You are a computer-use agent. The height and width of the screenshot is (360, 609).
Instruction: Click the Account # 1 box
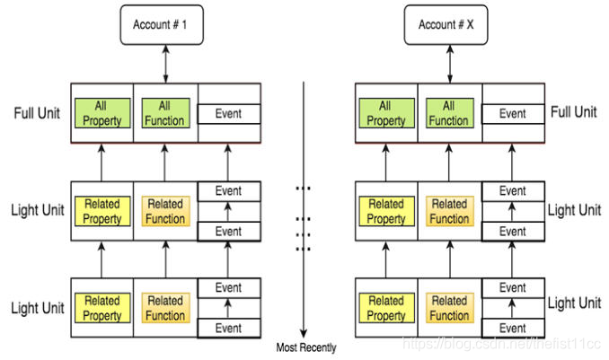tap(162, 25)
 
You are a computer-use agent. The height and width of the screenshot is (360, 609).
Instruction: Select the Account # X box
tap(446, 25)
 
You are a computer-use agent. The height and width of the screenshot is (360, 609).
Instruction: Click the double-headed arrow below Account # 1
tap(166, 64)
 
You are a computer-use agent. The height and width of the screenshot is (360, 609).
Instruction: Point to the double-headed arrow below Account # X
tap(450, 64)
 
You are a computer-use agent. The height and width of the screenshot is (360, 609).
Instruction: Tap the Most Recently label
tap(306, 347)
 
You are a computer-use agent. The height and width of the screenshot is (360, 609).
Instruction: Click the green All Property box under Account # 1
tap(102, 113)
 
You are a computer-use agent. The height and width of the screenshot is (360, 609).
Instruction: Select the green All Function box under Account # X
tap(450, 113)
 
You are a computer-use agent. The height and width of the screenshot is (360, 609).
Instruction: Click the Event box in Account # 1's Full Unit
tap(229, 114)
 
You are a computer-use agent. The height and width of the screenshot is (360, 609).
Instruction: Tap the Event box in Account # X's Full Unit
tap(513, 114)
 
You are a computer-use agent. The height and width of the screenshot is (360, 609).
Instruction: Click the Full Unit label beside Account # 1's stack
tap(37, 113)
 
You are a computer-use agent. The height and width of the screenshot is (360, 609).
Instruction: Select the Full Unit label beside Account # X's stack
tap(574, 112)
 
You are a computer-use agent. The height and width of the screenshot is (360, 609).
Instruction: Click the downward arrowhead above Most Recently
tap(304, 333)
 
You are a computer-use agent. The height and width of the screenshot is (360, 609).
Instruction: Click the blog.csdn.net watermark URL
tap(502, 344)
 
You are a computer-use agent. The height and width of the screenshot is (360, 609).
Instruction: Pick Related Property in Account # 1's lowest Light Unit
tap(102, 308)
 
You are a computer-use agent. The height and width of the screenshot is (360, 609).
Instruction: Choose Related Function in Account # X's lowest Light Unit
tap(450, 308)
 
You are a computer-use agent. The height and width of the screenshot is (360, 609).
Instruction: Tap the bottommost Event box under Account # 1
tap(229, 329)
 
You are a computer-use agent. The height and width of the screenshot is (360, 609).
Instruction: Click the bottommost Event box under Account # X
tap(513, 329)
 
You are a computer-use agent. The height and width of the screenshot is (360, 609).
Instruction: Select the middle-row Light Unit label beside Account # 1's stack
tap(38, 210)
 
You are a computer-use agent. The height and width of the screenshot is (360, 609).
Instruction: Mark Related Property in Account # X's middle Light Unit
tap(387, 211)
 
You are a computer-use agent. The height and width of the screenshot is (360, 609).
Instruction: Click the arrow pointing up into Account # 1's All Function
tap(164, 162)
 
